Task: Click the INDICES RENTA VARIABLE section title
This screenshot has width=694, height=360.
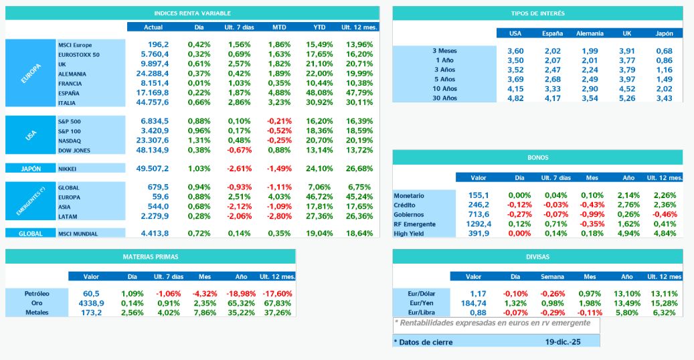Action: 193,13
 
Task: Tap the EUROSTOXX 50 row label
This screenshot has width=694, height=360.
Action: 79,54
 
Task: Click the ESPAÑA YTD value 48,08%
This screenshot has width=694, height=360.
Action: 319,93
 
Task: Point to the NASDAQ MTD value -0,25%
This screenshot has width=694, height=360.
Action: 279,141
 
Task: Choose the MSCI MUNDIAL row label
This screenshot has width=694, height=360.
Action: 78,234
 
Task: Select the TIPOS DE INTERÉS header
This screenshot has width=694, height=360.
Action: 537,13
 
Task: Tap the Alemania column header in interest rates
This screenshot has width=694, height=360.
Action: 590,33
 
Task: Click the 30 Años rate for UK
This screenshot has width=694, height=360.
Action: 626,98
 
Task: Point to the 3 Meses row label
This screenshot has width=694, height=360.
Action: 445,51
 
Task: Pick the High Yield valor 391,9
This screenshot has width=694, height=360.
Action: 479,234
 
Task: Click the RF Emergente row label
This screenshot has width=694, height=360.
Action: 415,224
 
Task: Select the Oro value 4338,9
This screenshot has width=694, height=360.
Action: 91,303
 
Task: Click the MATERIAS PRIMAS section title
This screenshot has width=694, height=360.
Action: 150,256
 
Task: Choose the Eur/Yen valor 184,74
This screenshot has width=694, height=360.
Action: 473,303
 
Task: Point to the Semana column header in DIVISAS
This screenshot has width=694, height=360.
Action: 553,276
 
